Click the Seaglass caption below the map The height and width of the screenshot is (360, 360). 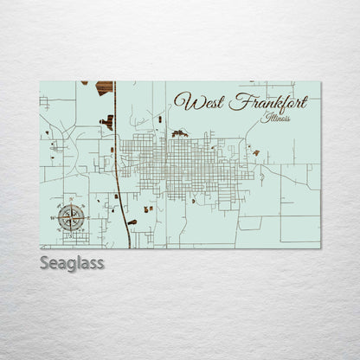point(72,262)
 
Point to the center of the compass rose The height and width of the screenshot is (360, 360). point(72,217)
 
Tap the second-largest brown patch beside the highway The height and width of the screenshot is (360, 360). point(108,122)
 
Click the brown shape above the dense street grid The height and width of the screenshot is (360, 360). point(179,133)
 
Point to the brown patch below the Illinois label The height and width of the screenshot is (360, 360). point(255,152)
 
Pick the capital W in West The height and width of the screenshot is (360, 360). point(183,100)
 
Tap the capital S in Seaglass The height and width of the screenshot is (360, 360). point(44,262)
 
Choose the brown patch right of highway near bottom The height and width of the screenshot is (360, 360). point(148,209)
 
